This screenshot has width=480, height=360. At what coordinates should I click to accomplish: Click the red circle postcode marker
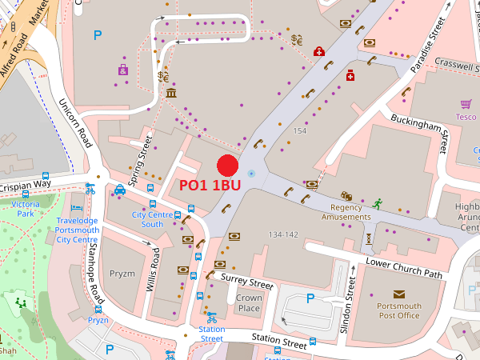(228, 166)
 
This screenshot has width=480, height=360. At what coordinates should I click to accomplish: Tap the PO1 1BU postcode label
(210, 185)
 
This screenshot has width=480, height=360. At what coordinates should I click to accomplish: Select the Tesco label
(466, 117)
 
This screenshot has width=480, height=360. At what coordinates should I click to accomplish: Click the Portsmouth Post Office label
(398, 310)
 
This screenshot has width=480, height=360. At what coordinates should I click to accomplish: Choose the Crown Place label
(249, 303)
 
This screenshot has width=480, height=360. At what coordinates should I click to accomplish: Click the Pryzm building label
(122, 273)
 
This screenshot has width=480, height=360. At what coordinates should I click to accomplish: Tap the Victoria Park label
(26, 209)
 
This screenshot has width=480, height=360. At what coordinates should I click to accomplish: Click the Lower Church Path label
(404, 268)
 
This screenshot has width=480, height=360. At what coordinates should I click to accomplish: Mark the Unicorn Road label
(75, 124)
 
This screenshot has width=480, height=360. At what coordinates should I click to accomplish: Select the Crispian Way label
(24, 185)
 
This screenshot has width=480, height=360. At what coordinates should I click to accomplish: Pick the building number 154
(300, 130)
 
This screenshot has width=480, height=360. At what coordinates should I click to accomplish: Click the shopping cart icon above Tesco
(466, 104)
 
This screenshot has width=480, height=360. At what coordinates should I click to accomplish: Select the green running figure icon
(376, 204)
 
